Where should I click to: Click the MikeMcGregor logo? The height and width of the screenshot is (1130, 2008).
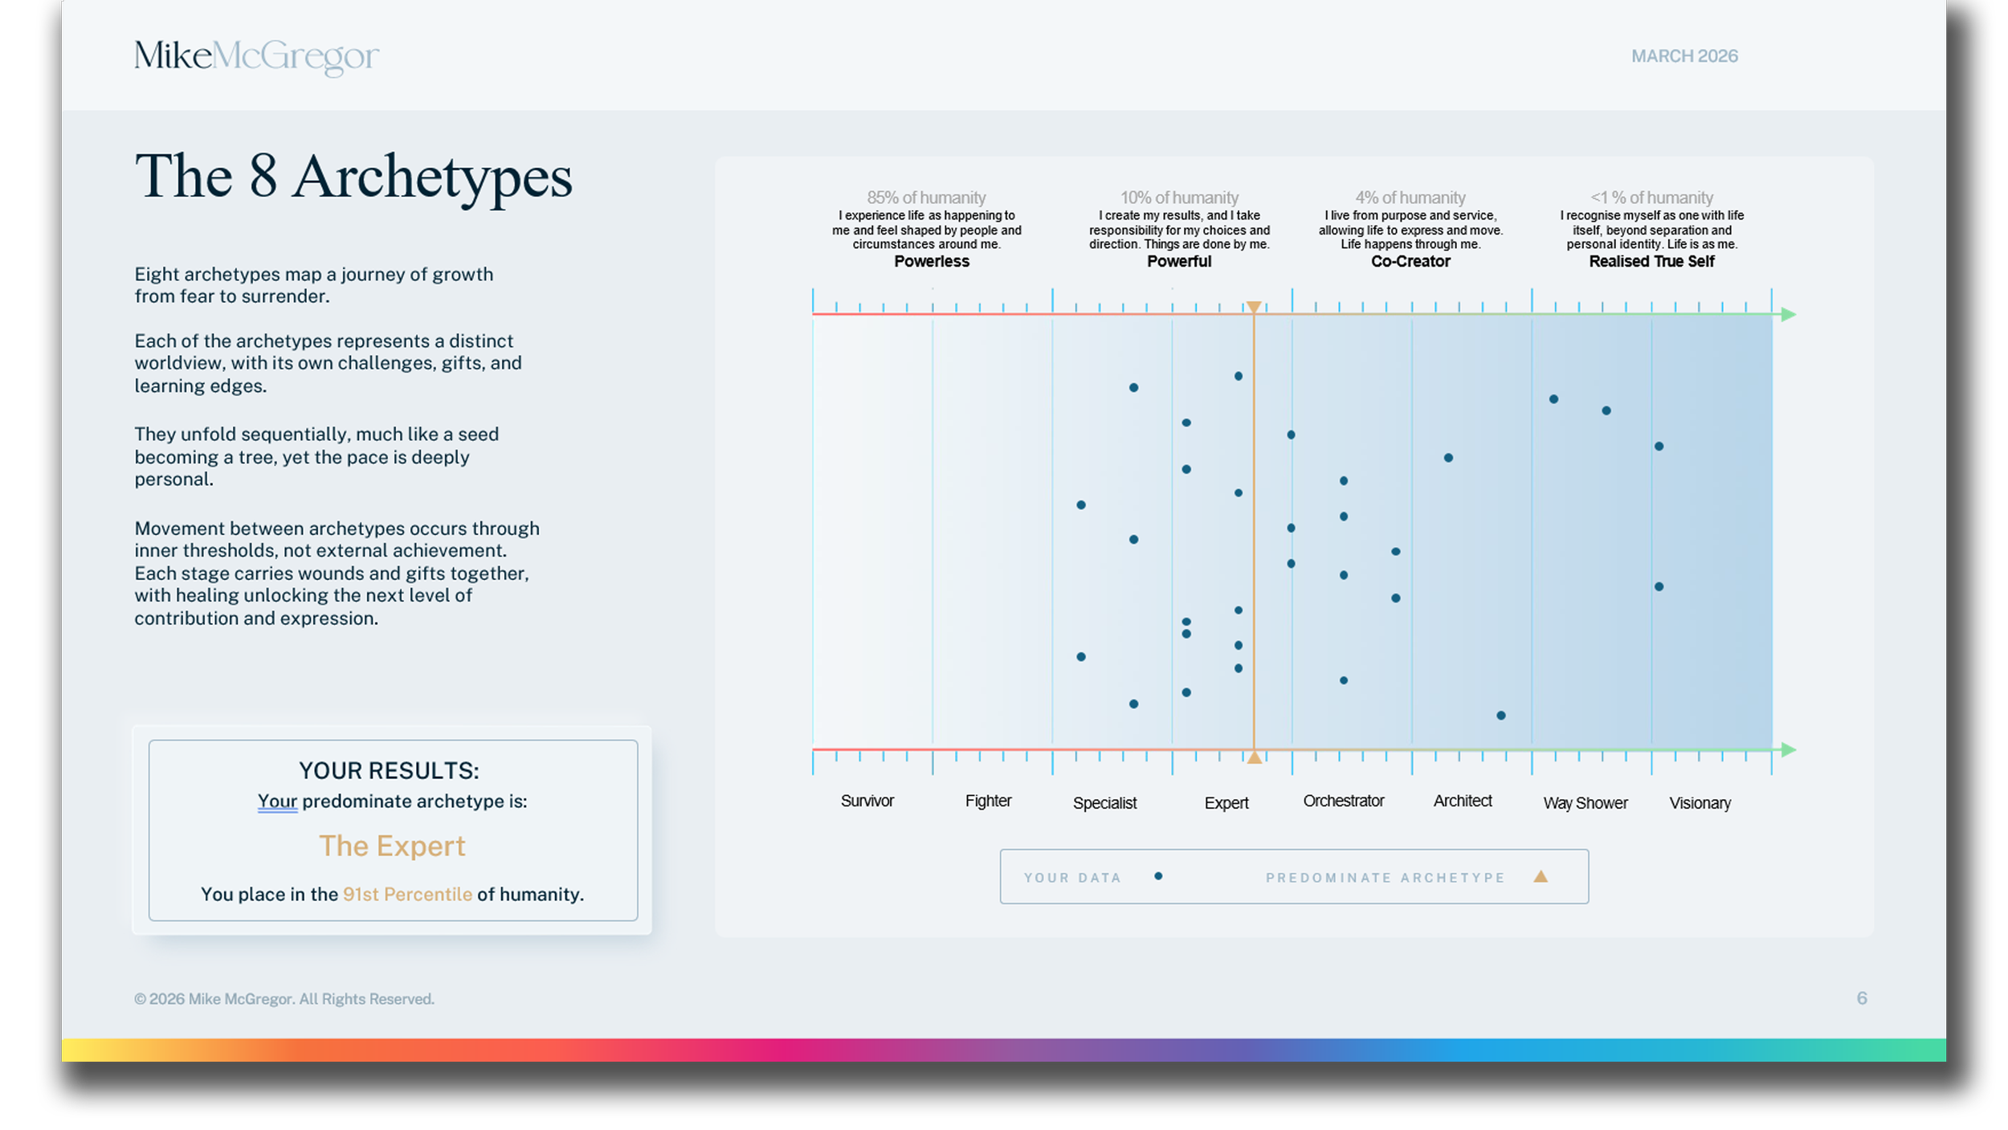(x=255, y=56)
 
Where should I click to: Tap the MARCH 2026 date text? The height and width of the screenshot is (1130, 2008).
(x=1684, y=56)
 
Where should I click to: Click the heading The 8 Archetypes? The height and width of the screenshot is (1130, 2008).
(x=353, y=177)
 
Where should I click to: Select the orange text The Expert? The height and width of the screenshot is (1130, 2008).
(x=392, y=846)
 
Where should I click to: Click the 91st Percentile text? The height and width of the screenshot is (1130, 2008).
(x=407, y=894)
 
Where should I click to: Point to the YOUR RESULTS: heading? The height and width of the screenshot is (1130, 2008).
(x=389, y=770)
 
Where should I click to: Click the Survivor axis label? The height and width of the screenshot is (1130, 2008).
(x=867, y=801)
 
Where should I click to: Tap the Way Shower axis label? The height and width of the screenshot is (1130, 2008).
(x=1585, y=803)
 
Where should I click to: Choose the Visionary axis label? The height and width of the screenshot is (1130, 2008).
(x=1700, y=803)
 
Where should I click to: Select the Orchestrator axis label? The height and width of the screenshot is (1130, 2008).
(x=1343, y=801)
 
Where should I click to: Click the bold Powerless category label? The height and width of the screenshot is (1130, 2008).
(x=931, y=261)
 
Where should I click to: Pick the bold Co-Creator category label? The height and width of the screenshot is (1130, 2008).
(x=1410, y=261)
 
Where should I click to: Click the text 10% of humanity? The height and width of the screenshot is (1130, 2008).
(x=1179, y=198)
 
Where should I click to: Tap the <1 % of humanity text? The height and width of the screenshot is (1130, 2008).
(x=1651, y=198)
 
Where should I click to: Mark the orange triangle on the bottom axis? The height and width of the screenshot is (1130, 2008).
(x=1254, y=757)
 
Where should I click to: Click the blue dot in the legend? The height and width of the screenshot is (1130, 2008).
(x=1158, y=876)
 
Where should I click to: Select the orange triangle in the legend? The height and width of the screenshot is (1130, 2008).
(x=1540, y=876)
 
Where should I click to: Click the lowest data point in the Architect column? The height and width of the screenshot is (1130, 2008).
(x=1500, y=715)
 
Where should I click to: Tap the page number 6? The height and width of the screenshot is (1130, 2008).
(x=1861, y=998)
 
